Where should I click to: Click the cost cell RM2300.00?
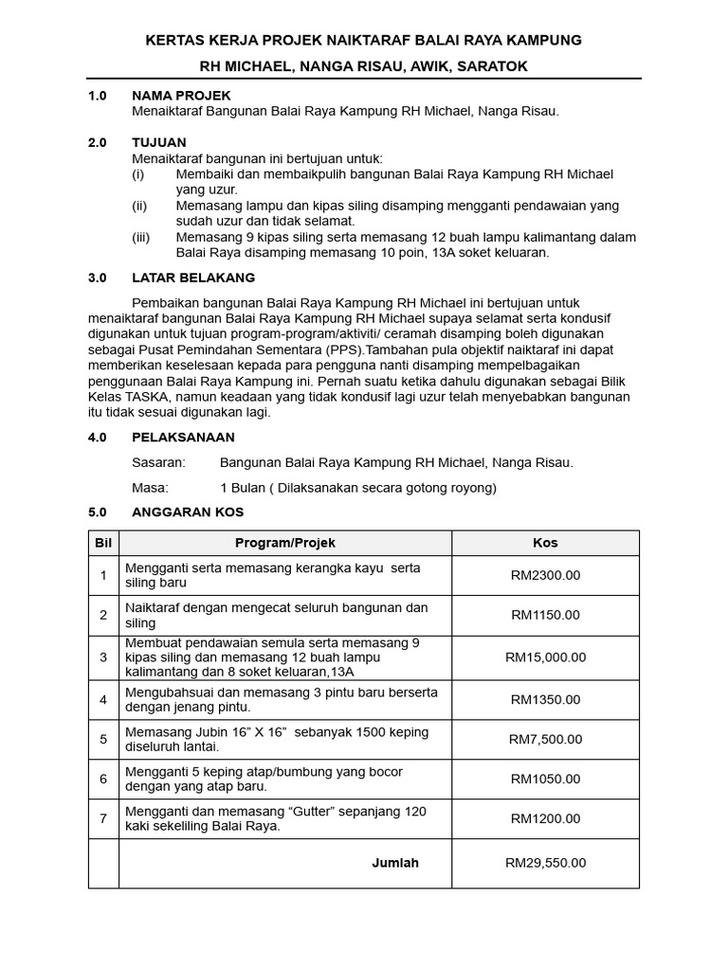coord(545,575)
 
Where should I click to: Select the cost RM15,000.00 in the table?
coord(545,656)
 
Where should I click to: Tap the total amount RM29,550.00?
coord(545,863)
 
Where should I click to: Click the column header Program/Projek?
coord(284,543)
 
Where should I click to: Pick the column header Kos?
coord(545,543)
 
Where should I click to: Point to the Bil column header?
coord(103,543)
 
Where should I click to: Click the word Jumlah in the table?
coord(394,863)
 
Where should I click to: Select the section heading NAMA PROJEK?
coord(181,96)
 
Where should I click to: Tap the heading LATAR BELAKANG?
coord(192,278)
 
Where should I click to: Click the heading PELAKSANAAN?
coord(183,438)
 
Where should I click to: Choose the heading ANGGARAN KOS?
coord(188,512)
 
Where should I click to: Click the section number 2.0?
coord(98,141)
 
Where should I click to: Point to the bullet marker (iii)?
coord(140,237)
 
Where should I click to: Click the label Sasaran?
coord(159,462)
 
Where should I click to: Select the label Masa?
coord(150,488)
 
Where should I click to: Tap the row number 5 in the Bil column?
coord(103,739)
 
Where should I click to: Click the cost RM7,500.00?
coord(545,739)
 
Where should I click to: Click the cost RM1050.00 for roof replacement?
coord(545,779)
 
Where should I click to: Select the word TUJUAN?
coord(159,141)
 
